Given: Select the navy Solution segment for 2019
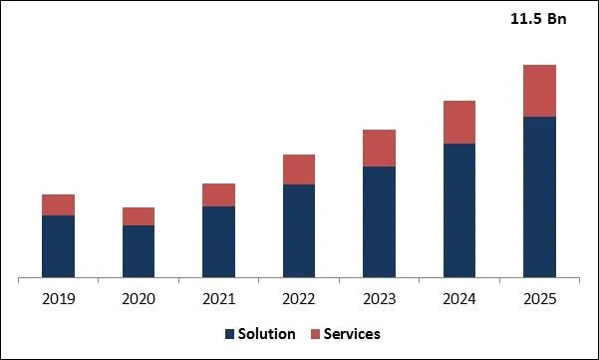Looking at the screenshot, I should tap(59, 245).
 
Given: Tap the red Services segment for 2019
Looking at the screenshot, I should tap(59, 204).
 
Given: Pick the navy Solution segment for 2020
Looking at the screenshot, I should tap(139, 250).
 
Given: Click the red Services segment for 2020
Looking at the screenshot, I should tap(139, 216).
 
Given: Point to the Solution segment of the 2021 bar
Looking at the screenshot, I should tap(218, 241).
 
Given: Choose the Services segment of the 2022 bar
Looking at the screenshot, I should tap(299, 170).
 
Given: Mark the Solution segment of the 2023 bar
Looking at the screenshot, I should tap(379, 221).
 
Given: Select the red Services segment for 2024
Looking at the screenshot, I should tap(459, 122).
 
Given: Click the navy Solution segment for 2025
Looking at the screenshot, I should tap(539, 196).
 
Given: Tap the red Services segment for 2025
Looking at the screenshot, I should tap(539, 91).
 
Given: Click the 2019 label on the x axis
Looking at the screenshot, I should tap(59, 298).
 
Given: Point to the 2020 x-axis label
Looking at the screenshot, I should tap(139, 298).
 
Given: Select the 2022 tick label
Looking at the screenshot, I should tap(299, 298).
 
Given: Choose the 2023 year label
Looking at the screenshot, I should tap(379, 298).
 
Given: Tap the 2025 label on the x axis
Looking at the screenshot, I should tap(539, 298).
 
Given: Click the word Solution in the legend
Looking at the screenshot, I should tap(267, 334).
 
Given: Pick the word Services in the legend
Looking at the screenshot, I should tap(351, 334).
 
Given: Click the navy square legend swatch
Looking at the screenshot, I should tap(230, 334).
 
